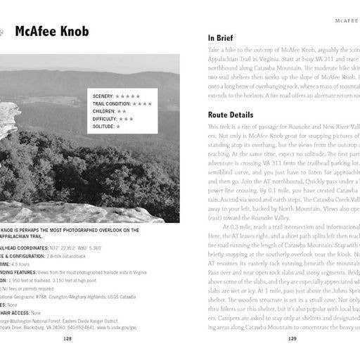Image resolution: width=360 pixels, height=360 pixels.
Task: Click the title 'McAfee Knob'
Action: coord(56,32)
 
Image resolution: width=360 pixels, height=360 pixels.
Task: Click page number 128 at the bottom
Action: coord(67,337)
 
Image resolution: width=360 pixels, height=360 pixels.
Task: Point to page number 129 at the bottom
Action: coord(292,337)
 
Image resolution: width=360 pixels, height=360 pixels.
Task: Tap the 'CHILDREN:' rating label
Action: coord(104,111)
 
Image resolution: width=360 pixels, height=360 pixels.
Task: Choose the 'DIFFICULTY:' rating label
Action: coord(105,119)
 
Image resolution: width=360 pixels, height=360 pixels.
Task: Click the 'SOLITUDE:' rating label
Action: coord(103,127)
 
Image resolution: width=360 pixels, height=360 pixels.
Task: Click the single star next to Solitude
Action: coord(119,127)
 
